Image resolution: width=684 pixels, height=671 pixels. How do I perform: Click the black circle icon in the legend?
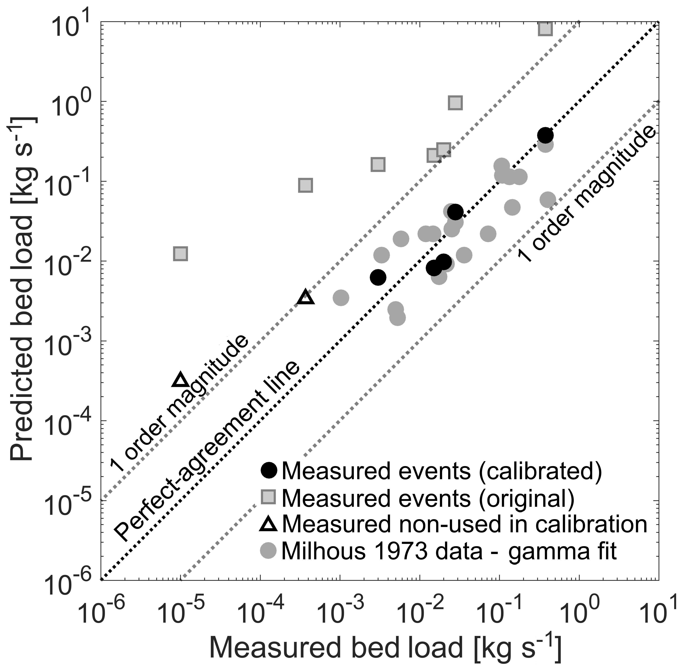pos(269,470)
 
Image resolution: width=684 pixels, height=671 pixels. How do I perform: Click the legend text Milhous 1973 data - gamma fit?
pos(449,551)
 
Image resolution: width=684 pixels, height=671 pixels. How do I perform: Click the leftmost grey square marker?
pos(181,254)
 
